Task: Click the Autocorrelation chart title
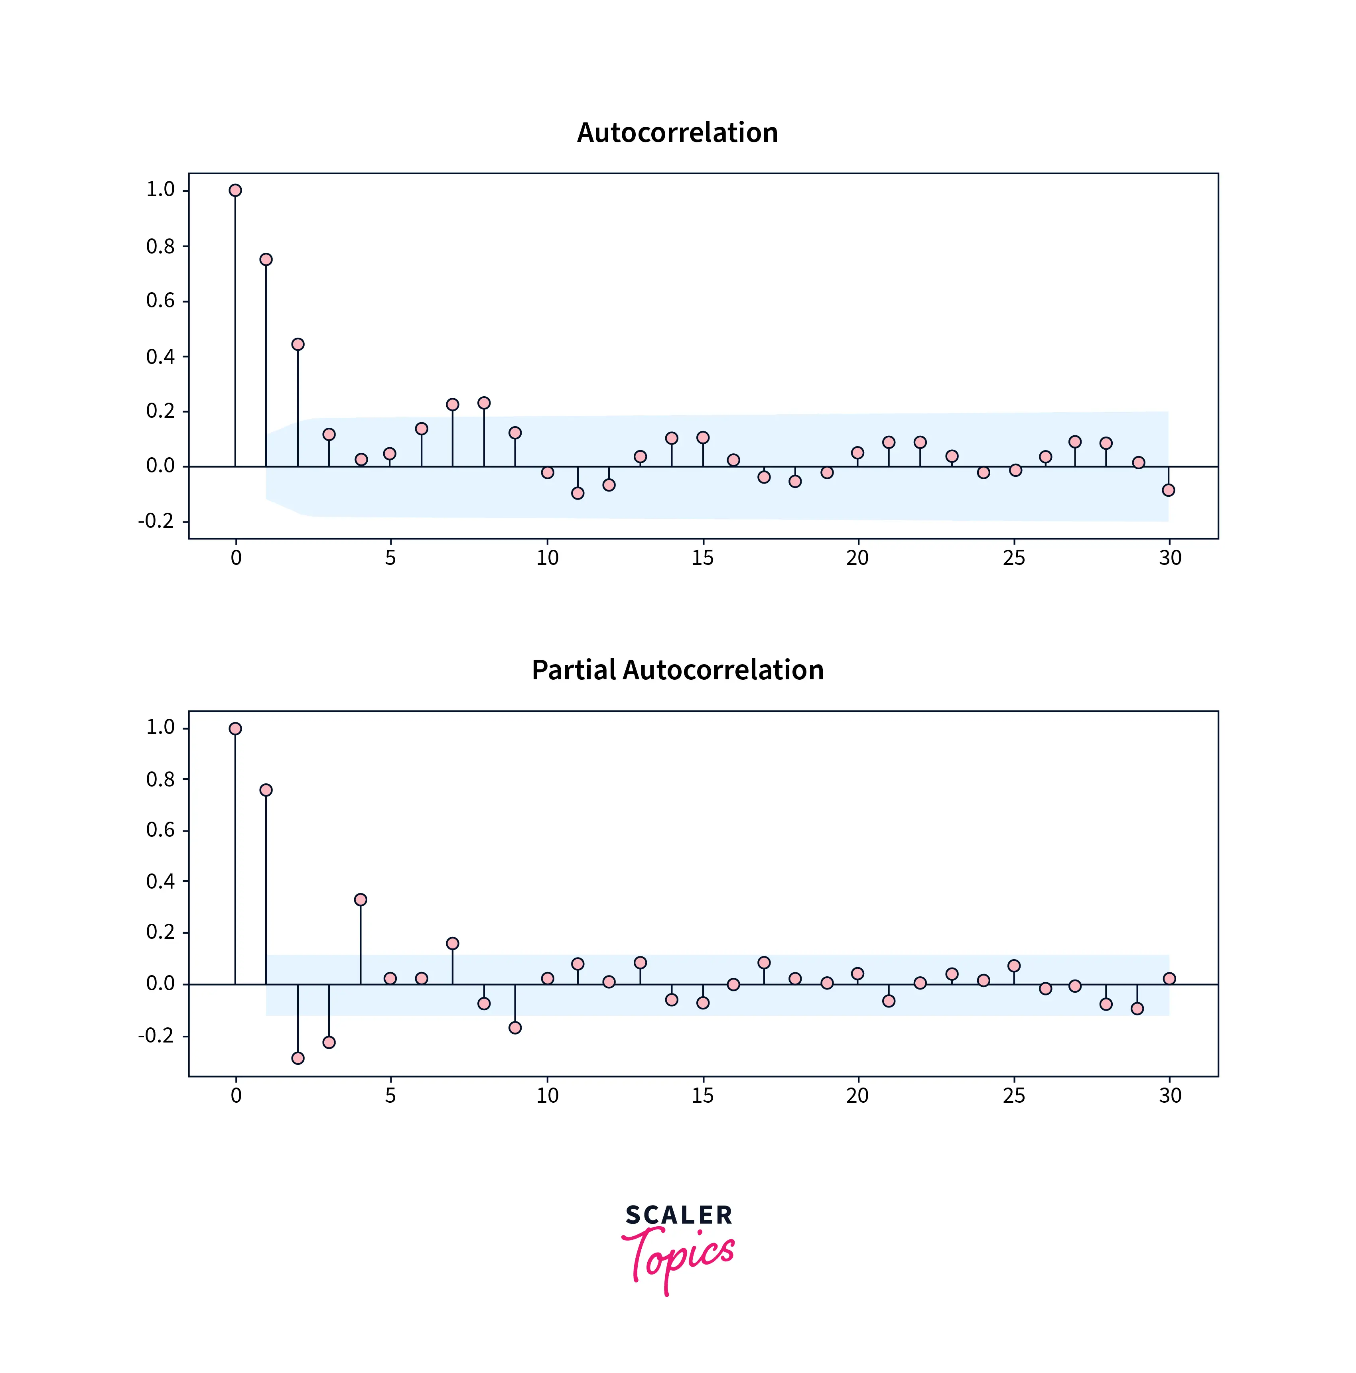point(677,133)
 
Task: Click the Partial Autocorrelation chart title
point(677,670)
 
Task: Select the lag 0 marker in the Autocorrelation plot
point(235,191)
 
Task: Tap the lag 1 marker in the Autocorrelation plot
point(266,260)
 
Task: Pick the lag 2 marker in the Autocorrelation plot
point(298,344)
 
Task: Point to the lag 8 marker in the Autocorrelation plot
point(484,403)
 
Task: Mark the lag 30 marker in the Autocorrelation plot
point(1168,490)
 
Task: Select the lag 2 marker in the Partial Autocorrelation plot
point(298,1058)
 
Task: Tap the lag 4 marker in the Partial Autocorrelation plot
point(361,900)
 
